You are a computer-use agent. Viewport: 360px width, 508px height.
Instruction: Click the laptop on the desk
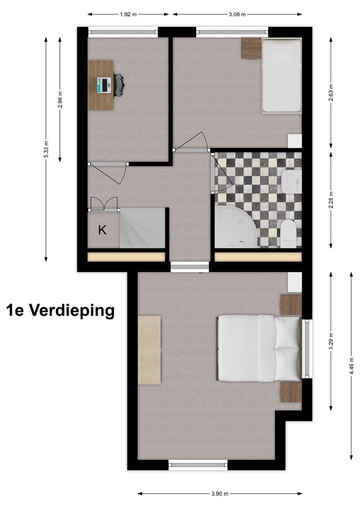coord(103,85)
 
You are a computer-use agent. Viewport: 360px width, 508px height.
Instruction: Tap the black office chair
coord(119,84)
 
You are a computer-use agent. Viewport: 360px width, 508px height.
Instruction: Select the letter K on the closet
coord(102,230)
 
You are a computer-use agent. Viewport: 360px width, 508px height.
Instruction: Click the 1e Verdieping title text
coord(60,311)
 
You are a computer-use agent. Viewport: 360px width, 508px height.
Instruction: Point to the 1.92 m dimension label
coord(128,14)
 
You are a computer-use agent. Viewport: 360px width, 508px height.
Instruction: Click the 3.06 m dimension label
coord(237,14)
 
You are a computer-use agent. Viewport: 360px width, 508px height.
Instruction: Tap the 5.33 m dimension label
coord(46,149)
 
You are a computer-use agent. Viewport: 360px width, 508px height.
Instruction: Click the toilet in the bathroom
coord(289,233)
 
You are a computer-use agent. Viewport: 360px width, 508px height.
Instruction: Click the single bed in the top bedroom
coord(282,75)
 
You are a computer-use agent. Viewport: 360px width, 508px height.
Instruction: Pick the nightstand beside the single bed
coord(251,48)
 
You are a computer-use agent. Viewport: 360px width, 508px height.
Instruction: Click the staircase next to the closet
coord(142,228)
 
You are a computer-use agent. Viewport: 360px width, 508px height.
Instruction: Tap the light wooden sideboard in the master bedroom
coord(149,350)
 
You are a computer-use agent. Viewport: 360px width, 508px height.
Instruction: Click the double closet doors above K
coord(103,204)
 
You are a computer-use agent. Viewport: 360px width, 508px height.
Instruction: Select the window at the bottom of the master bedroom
coord(198,465)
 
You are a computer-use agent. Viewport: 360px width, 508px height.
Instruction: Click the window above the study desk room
coord(123,32)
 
